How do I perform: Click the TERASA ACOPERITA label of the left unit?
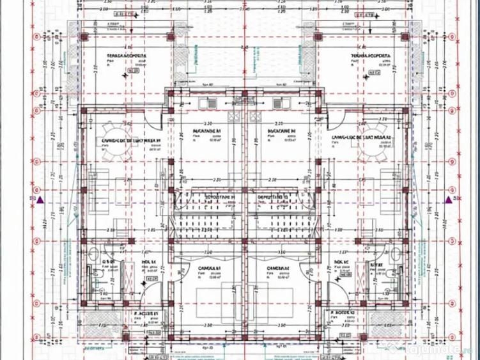click(x=126, y=56)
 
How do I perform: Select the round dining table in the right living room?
click(x=369, y=148)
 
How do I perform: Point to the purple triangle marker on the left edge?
click(x=40, y=200)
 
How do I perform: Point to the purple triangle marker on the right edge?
click(x=447, y=199)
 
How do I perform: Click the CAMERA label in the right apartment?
click(x=276, y=267)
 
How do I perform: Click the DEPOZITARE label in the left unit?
click(x=212, y=198)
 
